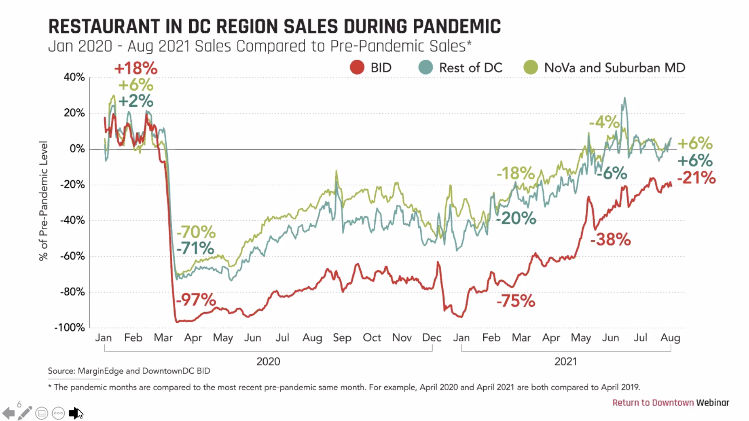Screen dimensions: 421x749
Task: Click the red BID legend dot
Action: tap(357, 67)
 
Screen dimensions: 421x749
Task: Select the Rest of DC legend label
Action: tap(470, 68)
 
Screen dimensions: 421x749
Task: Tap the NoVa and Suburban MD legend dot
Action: tap(531, 67)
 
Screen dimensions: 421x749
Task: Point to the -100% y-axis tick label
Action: tap(70, 328)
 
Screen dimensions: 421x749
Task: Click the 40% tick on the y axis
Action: tap(74, 77)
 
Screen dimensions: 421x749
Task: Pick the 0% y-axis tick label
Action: tap(77, 149)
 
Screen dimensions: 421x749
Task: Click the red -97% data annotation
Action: tap(196, 300)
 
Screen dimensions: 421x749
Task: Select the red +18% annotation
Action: tap(136, 68)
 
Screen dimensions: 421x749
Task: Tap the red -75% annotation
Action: tap(516, 301)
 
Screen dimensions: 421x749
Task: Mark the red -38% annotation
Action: tap(610, 240)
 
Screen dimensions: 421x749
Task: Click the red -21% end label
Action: tap(696, 178)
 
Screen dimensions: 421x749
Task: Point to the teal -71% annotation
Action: tap(195, 248)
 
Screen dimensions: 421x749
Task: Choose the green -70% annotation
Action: tap(196, 232)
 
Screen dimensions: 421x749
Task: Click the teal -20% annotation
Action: tap(516, 218)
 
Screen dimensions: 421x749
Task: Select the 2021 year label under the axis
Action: tap(565, 361)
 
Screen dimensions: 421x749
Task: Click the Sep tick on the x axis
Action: tap(342, 338)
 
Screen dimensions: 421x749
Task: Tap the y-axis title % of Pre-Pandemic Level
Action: tap(43, 201)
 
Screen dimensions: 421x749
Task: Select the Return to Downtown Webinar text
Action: tap(671, 403)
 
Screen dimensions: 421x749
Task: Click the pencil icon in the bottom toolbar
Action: tap(25, 413)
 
